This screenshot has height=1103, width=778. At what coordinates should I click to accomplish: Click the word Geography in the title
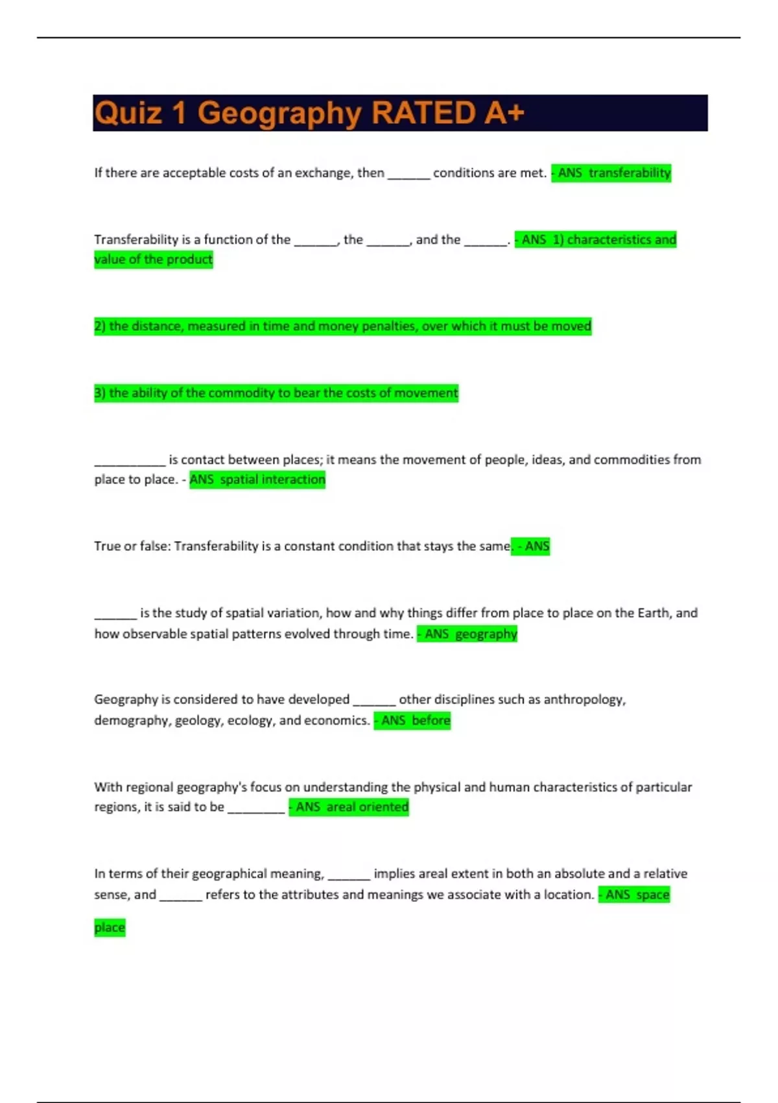point(279,113)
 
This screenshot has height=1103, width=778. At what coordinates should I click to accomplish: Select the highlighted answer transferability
point(629,173)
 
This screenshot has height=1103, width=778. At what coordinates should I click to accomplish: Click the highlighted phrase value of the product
point(154,260)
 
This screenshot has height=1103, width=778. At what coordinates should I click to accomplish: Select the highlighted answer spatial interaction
point(272,479)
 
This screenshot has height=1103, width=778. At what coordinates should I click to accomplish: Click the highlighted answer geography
point(486,634)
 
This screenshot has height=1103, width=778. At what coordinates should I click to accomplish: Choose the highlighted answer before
point(430,720)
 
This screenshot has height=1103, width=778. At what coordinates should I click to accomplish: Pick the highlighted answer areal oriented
point(367,807)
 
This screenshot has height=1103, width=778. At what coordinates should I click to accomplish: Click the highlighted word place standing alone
point(110,927)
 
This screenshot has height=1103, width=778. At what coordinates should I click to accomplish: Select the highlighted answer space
point(652,895)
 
